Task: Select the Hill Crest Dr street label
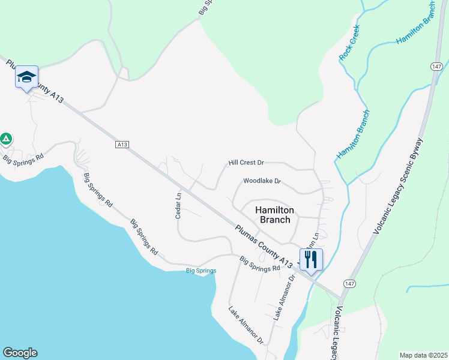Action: click(x=246, y=163)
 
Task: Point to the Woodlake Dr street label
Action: click(x=262, y=181)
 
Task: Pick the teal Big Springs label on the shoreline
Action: click(x=200, y=271)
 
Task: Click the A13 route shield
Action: click(x=122, y=144)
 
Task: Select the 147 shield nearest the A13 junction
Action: click(x=350, y=283)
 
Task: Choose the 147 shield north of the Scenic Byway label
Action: click(x=436, y=65)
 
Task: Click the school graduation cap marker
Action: click(x=27, y=77)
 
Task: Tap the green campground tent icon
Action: click(x=6, y=139)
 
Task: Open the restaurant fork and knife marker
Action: click(x=311, y=260)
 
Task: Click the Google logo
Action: click(x=20, y=353)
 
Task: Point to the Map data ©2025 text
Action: click(x=423, y=355)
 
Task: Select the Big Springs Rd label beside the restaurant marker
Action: click(x=260, y=264)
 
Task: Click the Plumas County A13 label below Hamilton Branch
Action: click(x=264, y=245)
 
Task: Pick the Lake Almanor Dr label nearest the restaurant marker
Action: click(x=285, y=298)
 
